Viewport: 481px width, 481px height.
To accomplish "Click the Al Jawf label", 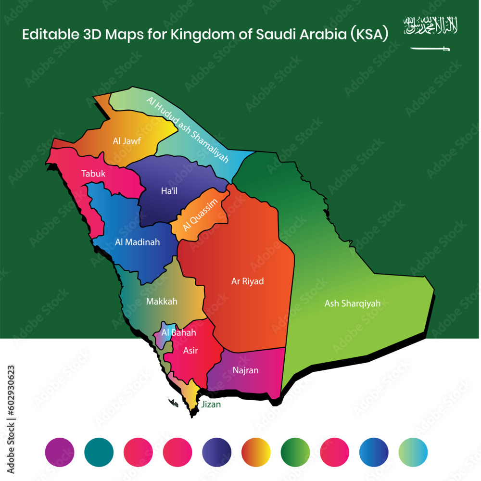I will [123, 141].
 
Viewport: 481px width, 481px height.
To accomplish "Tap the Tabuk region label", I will [93, 174].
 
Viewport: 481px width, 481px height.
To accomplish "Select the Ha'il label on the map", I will [169, 191].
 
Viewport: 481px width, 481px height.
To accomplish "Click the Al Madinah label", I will [138, 242].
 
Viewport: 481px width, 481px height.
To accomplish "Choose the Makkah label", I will [162, 302].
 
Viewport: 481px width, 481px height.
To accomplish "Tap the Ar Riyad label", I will [247, 281].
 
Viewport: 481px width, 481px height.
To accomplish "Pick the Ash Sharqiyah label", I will [353, 304].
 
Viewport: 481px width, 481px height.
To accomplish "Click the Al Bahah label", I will [172, 332].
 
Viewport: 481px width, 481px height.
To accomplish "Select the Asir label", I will [190, 351].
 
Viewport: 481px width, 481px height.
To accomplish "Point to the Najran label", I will [245, 370].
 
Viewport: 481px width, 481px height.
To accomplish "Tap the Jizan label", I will [211, 405].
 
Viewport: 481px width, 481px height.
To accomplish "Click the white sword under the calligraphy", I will [430, 48].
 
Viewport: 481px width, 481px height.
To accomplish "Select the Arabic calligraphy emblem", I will [430, 25].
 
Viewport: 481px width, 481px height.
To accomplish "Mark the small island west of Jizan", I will [173, 402].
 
